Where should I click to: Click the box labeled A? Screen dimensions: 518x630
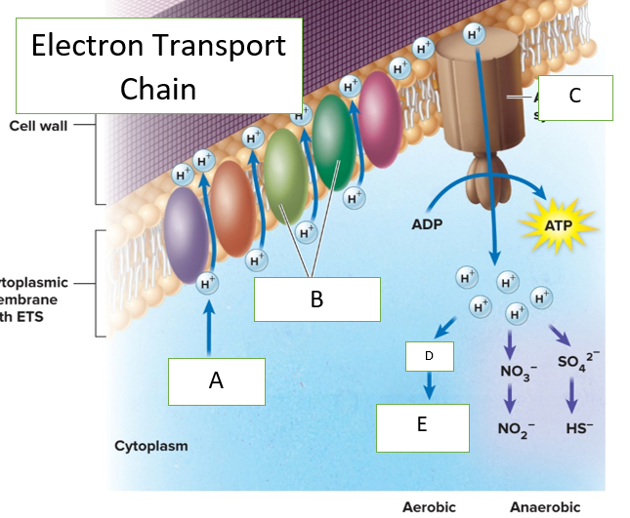click(x=217, y=381)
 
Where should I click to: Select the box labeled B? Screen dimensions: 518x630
click(x=316, y=299)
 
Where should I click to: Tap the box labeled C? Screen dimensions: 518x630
click(x=574, y=97)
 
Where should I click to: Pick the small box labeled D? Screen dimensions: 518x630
click(x=430, y=356)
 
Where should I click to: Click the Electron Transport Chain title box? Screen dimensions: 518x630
click(x=158, y=66)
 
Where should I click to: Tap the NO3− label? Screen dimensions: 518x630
click(x=516, y=371)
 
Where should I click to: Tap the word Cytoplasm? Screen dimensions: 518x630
click(x=150, y=446)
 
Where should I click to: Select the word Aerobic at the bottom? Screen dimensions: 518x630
click(x=430, y=506)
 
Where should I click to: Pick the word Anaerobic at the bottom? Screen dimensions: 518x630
click(x=545, y=506)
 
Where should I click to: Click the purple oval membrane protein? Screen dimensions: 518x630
click(x=185, y=233)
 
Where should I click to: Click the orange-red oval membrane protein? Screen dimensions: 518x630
click(x=232, y=202)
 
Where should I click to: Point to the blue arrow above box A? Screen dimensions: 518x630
click(x=208, y=328)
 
